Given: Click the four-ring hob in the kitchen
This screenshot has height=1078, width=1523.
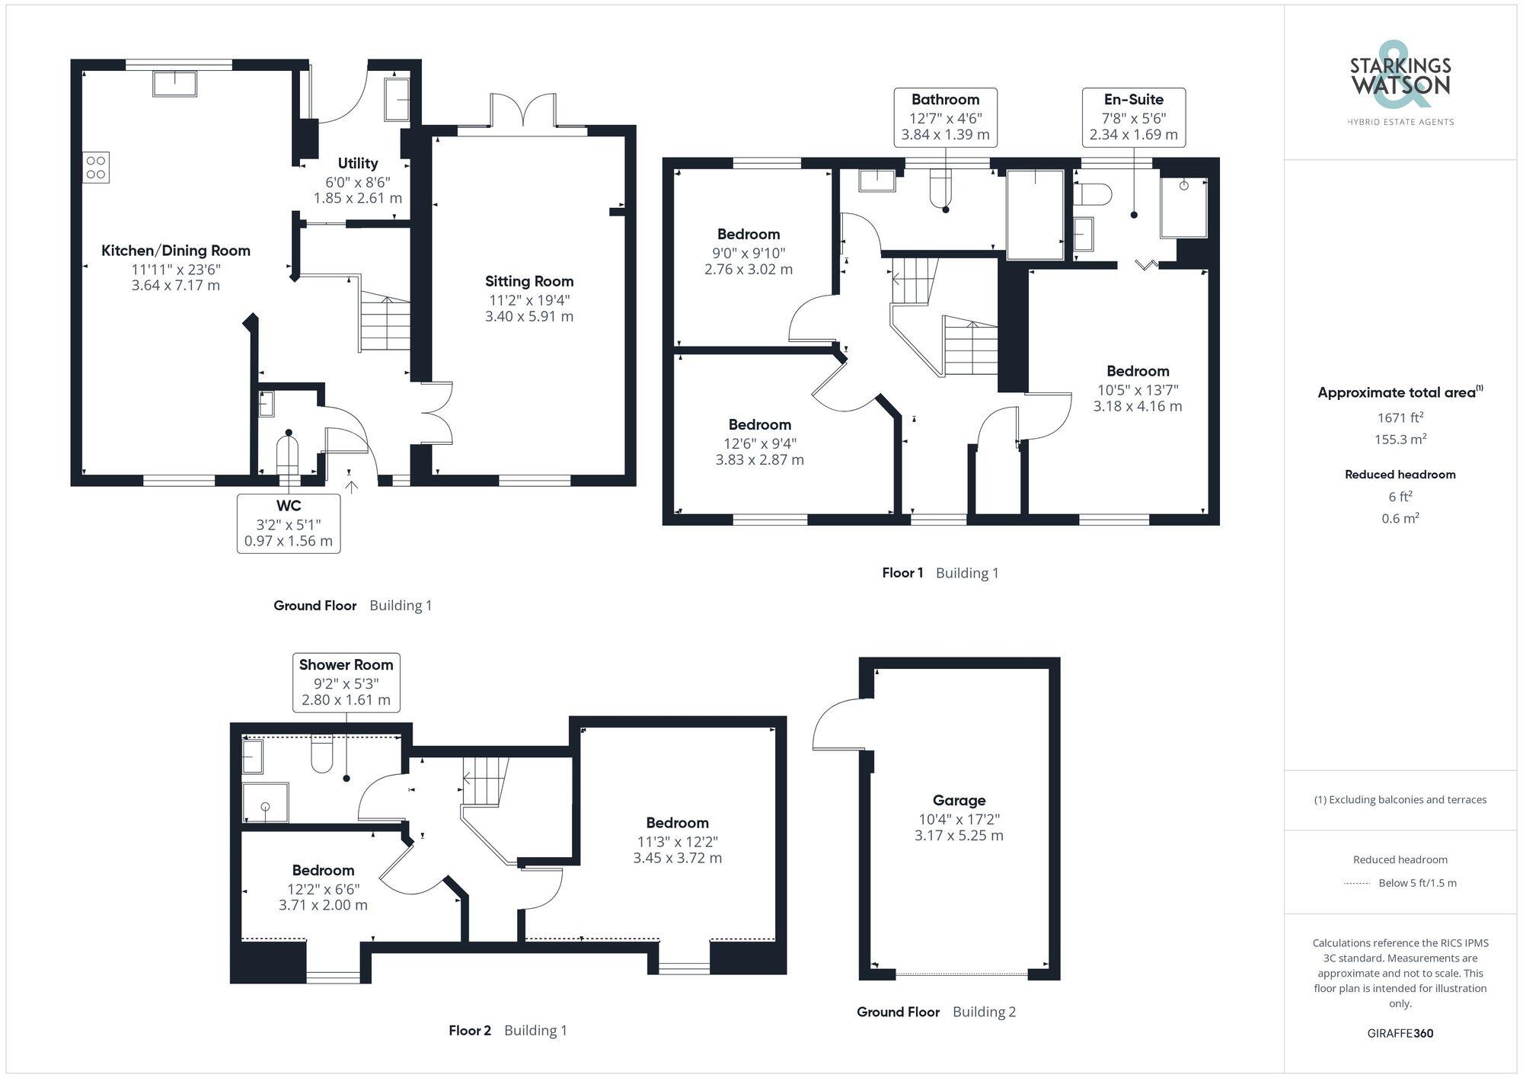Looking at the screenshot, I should pos(96,168).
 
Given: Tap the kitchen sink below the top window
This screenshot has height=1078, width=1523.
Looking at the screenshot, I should pos(175,83).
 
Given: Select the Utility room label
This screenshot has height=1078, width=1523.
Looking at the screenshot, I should pos(357,163).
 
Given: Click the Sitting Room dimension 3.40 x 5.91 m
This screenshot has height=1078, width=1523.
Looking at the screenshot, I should pos(528,316).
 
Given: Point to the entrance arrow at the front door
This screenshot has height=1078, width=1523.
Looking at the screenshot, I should pos(350,486).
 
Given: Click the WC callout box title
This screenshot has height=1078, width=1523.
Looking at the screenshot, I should pos(289,506).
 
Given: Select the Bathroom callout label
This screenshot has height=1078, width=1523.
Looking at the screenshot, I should pos(945,99).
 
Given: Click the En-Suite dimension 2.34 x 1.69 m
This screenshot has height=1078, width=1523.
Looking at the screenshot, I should pos(1133,135).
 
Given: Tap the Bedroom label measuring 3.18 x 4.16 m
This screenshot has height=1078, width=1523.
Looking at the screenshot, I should pos(1137,406).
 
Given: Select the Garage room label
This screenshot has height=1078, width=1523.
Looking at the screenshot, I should pos(959,800).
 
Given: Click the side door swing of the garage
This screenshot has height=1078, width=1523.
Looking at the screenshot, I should pos(838,724).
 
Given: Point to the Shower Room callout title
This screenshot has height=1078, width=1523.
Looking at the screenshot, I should pos(346,665).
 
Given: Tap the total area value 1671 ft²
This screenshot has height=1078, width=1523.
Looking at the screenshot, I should pos(1400,417).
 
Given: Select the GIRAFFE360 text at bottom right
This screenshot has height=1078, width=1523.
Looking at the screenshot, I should pos(1400,1034).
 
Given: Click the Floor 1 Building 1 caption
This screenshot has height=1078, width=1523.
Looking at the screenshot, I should pos(940,573).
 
